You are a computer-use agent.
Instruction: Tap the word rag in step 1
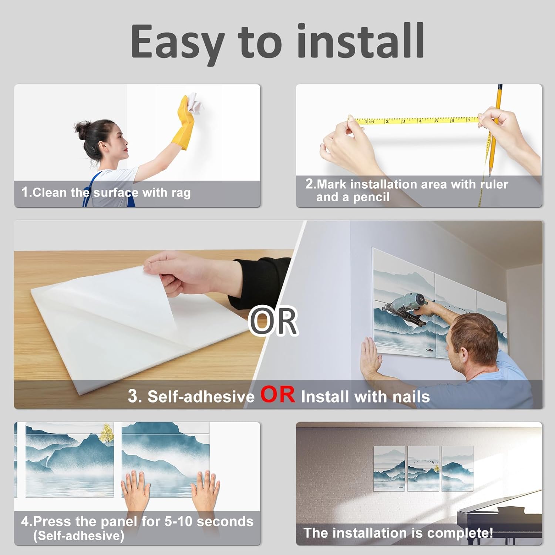tap(181, 193)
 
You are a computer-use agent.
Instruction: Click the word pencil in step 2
tap(371, 198)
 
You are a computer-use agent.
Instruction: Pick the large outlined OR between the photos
tap(273, 321)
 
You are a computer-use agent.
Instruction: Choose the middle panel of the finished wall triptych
tap(423, 468)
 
